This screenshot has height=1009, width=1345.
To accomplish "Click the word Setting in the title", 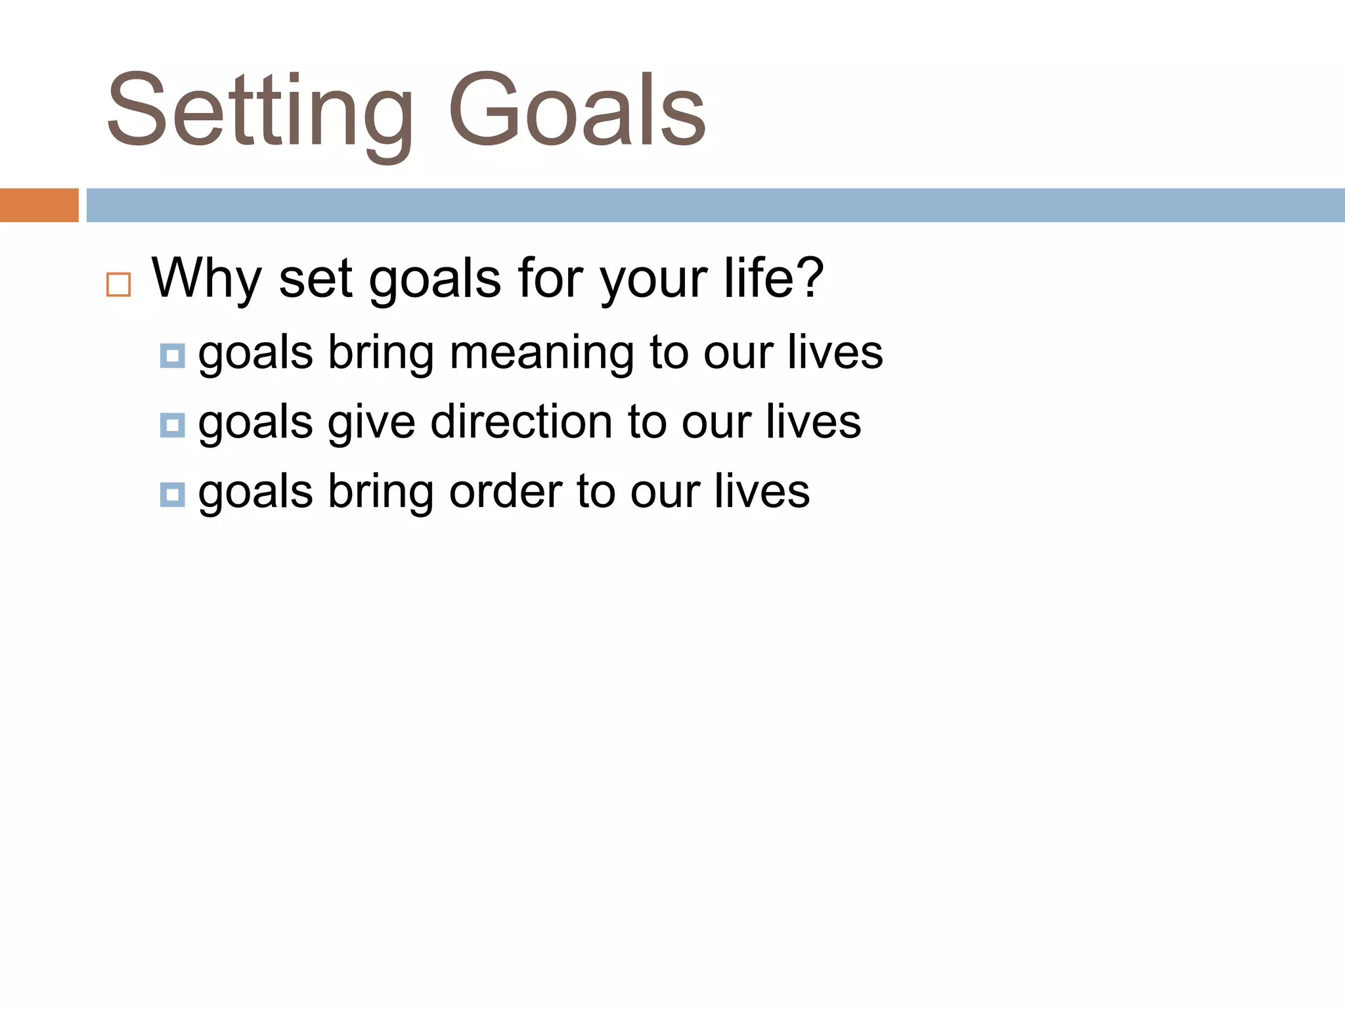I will (x=259, y=112).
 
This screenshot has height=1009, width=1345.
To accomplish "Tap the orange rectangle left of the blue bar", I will (x=39, y=205).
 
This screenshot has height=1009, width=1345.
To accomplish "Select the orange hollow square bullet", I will (x=118, y=285).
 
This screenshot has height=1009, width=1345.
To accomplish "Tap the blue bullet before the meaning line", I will (x=172, y=355).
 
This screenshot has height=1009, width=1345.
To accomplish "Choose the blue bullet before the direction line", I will (x=172, y=425).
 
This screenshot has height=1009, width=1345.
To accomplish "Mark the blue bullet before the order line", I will (x=172, y=494).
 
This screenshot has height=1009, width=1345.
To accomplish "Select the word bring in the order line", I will (x=380, y=493).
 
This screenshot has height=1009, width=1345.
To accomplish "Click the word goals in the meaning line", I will (x=255, y=355).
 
